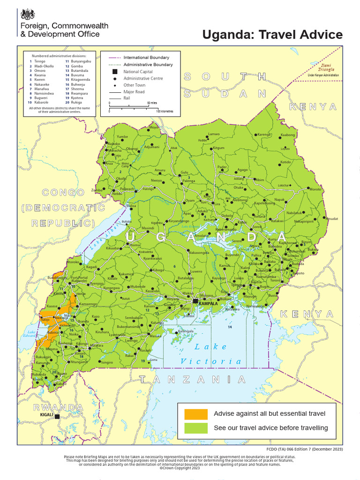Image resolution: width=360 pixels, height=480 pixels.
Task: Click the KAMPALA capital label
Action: pos(208,304)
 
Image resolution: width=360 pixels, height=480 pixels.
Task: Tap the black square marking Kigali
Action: pos(57,416)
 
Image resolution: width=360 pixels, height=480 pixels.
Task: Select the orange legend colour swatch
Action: pos(195,414)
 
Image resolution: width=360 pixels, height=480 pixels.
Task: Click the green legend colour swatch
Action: pos(195,428)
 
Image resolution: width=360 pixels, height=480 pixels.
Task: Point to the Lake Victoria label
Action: pos(211,354)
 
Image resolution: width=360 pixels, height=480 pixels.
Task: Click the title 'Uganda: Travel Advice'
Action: pos(272,35)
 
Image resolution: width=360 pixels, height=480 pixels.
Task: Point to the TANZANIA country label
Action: pos(192,379)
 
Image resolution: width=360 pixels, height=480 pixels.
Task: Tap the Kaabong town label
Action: pos(288,135)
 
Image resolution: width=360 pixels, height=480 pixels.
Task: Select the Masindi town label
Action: pos(148,228)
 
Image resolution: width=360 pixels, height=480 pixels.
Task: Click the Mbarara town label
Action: pos(97,345)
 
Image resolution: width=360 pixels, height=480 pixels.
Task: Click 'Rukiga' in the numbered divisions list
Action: pos(77,102)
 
